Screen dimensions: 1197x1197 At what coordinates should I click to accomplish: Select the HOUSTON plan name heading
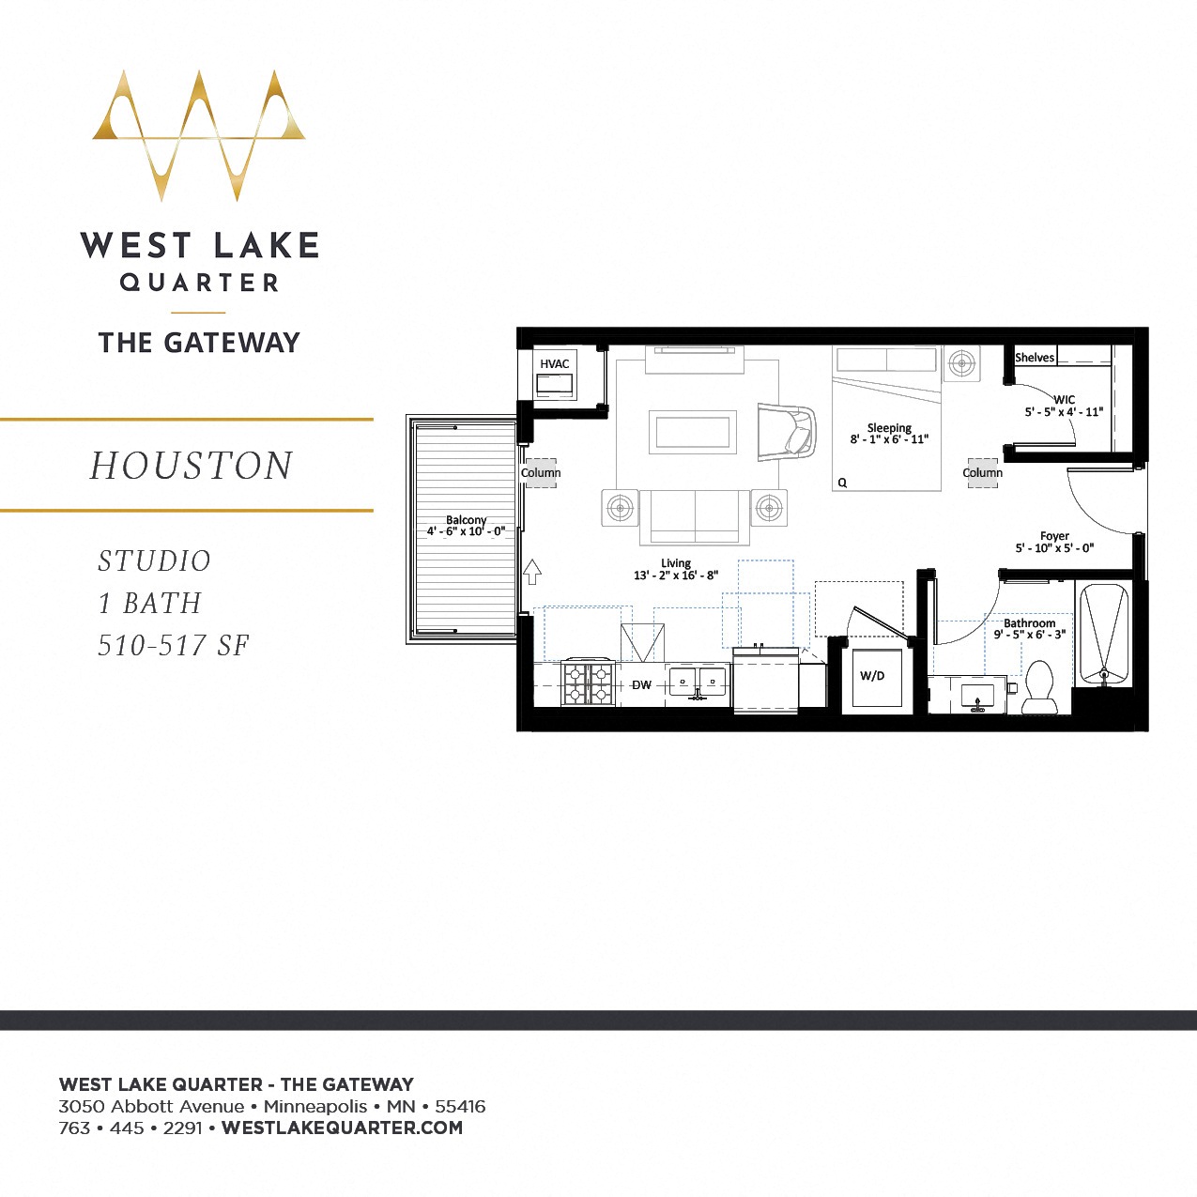pos(192,466)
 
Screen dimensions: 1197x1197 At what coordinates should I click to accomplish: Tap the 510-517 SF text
pos(174,645)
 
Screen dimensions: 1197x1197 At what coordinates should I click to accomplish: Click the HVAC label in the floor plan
pos(554,364)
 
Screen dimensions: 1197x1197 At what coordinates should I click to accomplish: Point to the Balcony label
pos(466,520)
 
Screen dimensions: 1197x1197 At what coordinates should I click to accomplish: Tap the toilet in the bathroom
pos(1039,688)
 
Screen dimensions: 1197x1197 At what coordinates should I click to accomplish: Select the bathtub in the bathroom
pos(1104,635)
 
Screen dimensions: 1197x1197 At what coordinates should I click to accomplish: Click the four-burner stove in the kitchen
pos(588,683)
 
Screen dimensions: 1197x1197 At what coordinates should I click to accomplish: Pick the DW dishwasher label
pos(641,685)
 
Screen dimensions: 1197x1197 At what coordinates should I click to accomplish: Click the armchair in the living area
pos(786,432)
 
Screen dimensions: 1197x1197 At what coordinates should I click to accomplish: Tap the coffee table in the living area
pos(694,432)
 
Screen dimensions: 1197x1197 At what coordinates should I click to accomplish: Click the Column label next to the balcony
pos(541,472)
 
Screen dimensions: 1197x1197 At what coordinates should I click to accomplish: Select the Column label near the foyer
pos(982,472)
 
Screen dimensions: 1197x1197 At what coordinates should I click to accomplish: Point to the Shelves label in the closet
pos(1035,358)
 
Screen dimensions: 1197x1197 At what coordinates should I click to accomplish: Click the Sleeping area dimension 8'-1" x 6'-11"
pos(889,439)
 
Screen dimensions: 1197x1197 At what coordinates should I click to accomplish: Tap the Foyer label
pos(1054,536)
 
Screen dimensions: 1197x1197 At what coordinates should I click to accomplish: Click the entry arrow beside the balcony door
pos(532,571)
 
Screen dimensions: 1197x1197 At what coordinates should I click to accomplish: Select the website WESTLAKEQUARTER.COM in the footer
pos(342,1128)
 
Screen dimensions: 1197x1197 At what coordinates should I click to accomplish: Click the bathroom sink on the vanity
pos(977,698)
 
